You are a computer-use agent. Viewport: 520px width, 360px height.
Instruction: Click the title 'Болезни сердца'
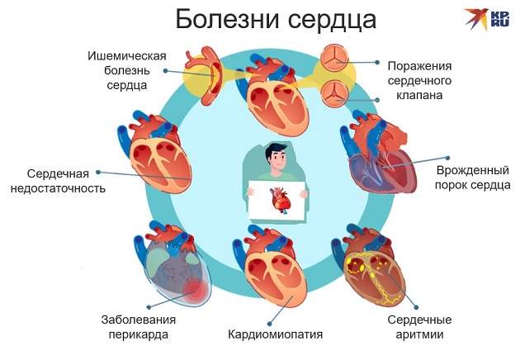(264, 20)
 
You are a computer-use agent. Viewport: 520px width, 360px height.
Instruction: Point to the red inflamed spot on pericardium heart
(196, 290)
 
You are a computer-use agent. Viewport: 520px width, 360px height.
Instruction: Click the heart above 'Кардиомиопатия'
(272, 272)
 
